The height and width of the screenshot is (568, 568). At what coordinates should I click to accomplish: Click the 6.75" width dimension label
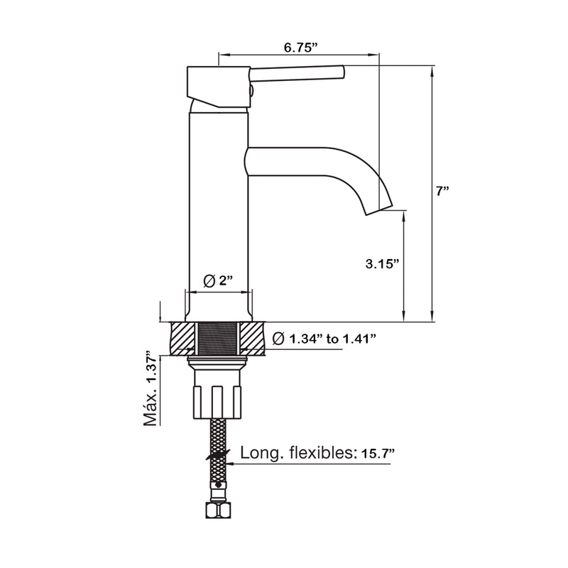[300, 47]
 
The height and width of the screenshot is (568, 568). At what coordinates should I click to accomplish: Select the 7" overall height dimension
[442, 191]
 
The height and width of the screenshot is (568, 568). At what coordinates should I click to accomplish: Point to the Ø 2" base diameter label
[219, 280]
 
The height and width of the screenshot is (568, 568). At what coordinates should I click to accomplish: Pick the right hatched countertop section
[253, 339]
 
